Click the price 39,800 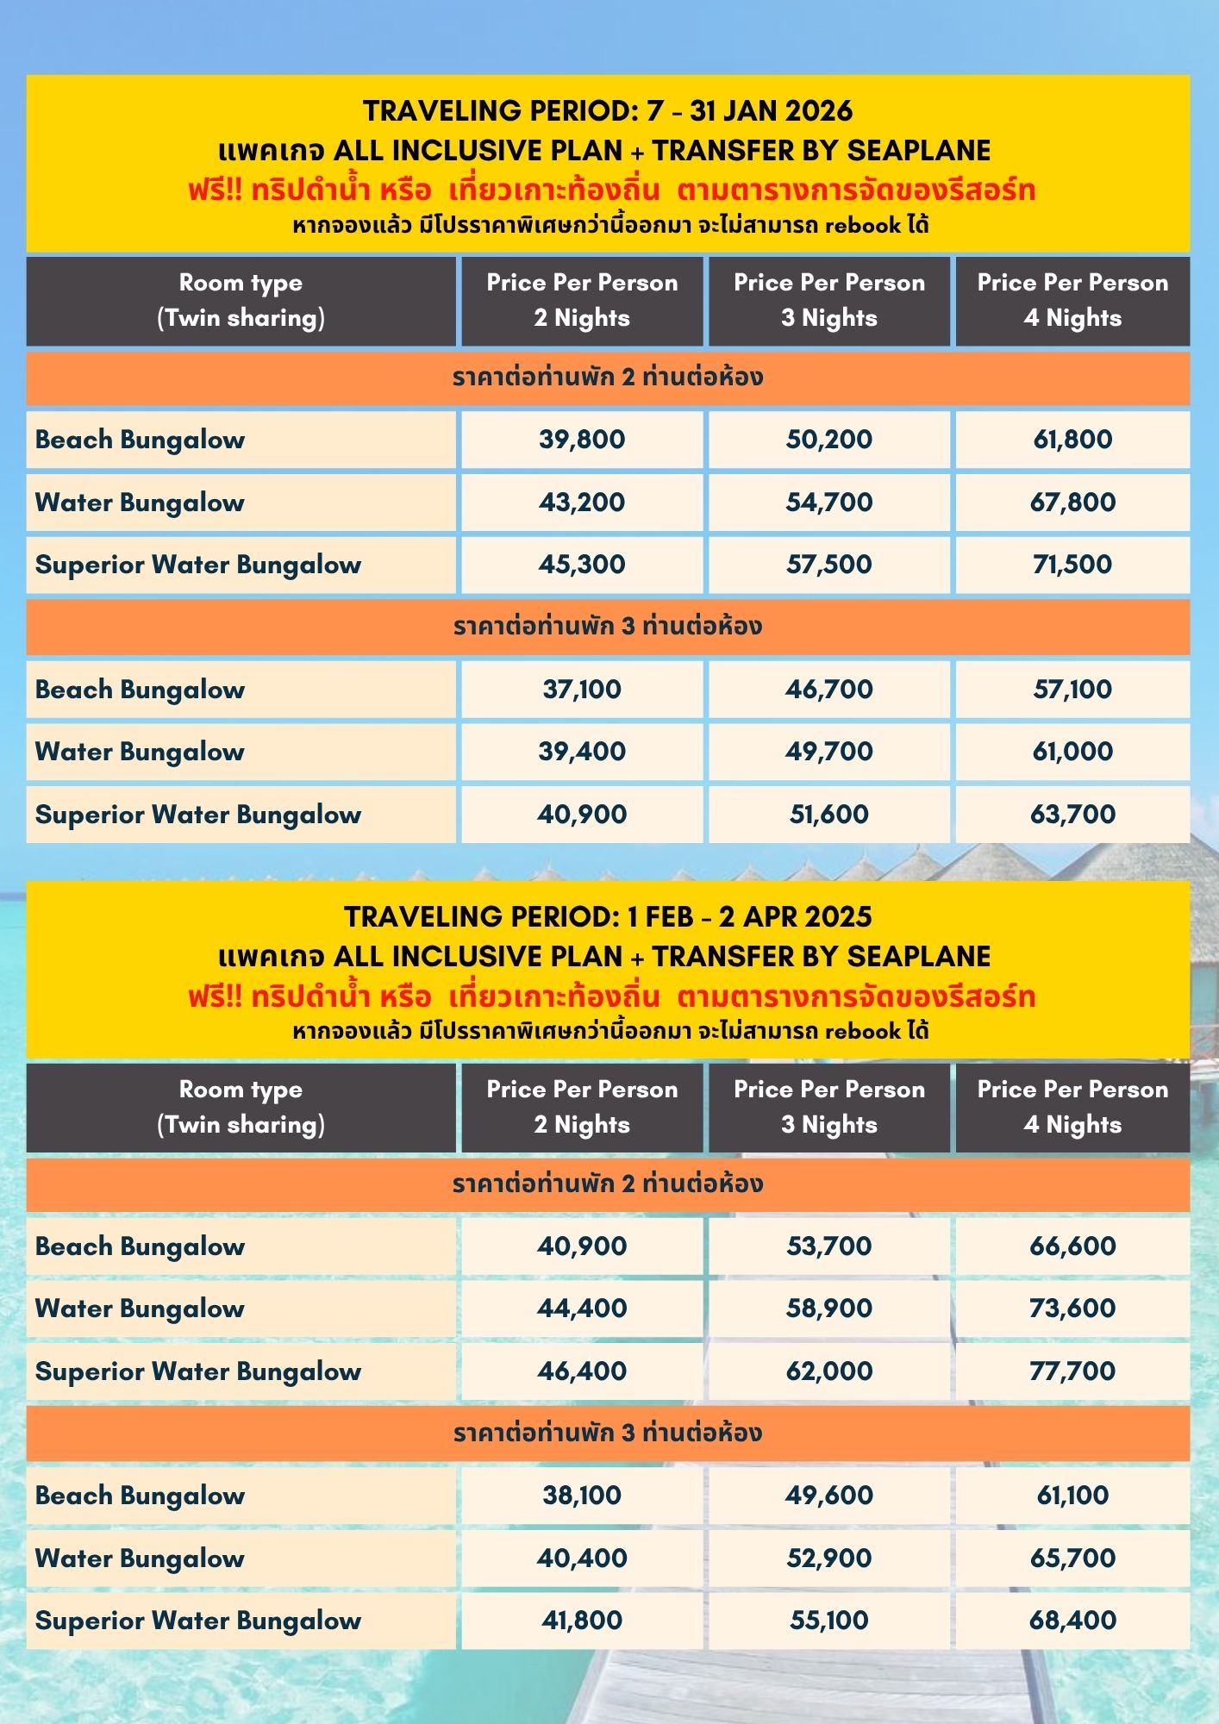click(x=582, y=440)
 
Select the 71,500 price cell click(x=1072, y=565)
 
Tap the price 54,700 click(x=828, y=503)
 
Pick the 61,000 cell click(x=1072, y=752)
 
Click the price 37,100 click(x=582, y=690)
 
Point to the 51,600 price click(x=828, y=815)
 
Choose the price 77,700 click(x=1072, y=1371)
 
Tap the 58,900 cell click(x=828, y=1309)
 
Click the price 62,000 click(x=828, y=1371)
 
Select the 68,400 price click(x=1072, y=1620)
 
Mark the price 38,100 click(x=582, y=1496)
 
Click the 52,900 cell click(x=828, y=1558)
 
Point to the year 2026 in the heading click(x=818, y=111)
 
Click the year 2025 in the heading click(x=838, y=916)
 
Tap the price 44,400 click(x=582, y=1309)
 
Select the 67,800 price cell click(x=1072, y=503)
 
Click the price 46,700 click(x=828, y=690)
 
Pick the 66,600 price click(x=1072, y=1246)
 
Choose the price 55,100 click(x=828, y=1620)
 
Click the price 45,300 click(x=582, y=565)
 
